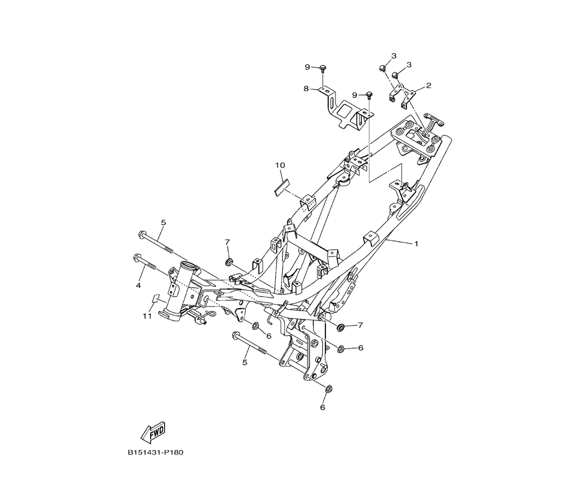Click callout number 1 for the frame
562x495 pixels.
click(416, 244)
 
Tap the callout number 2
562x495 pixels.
click(428, 86)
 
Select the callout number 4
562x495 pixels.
click(138, 286)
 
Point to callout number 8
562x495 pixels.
click(307, 88)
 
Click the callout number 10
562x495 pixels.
click(280, 165)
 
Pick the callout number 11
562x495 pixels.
click(147, 317)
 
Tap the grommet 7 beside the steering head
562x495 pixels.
click(229, 262)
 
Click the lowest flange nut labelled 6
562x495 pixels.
click(329, 388)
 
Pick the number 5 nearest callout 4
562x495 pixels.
click(164, 223)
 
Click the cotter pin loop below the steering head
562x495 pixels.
click(212, 315)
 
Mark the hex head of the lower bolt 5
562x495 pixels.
click(234, 336)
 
